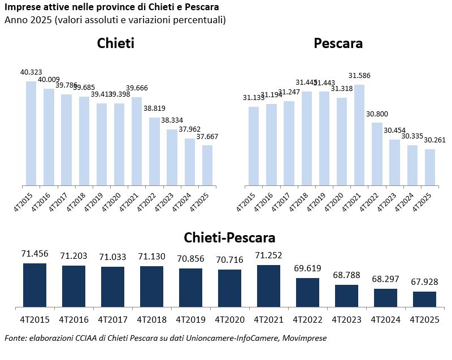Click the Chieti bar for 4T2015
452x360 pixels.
31,133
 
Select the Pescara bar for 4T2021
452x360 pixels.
359,135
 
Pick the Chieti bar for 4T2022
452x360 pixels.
155,151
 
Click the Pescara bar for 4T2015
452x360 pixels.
254,146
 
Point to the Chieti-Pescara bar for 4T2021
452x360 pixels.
269,287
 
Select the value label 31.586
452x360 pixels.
359,76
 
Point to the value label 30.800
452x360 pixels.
377,114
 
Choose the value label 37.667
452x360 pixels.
207,136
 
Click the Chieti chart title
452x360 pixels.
115,44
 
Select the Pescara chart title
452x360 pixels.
338,44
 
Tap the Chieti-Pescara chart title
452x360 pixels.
229,237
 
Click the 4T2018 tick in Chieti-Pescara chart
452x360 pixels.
151,320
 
